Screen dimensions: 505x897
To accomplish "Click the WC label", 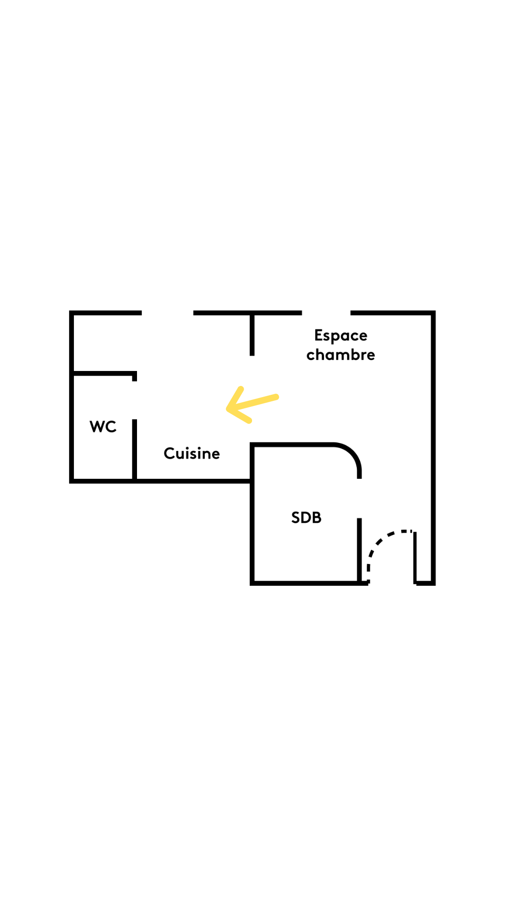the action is [x=103, y=427].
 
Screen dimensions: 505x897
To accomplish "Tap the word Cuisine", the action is [x=192, y=453].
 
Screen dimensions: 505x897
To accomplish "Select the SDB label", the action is [x=306, y=518].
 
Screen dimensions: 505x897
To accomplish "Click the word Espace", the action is [x=341, y=336].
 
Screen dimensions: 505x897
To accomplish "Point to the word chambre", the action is [x=341, y=355].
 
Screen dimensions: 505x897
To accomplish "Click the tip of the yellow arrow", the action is [x=228, y=409].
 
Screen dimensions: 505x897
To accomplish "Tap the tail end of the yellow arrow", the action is [x=277, y=397].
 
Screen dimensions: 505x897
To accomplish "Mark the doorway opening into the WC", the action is [x=135, y=400].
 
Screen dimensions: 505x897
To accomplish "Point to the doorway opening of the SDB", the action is [x=360, y=498].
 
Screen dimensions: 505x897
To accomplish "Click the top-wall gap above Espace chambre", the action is [x=326, y=313].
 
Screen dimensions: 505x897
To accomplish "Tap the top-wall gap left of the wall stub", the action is [x=167, y=313].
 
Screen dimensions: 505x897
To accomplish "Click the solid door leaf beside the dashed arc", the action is [x=415, y=558].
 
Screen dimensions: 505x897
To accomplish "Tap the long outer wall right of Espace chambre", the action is [x=433, y=448].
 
